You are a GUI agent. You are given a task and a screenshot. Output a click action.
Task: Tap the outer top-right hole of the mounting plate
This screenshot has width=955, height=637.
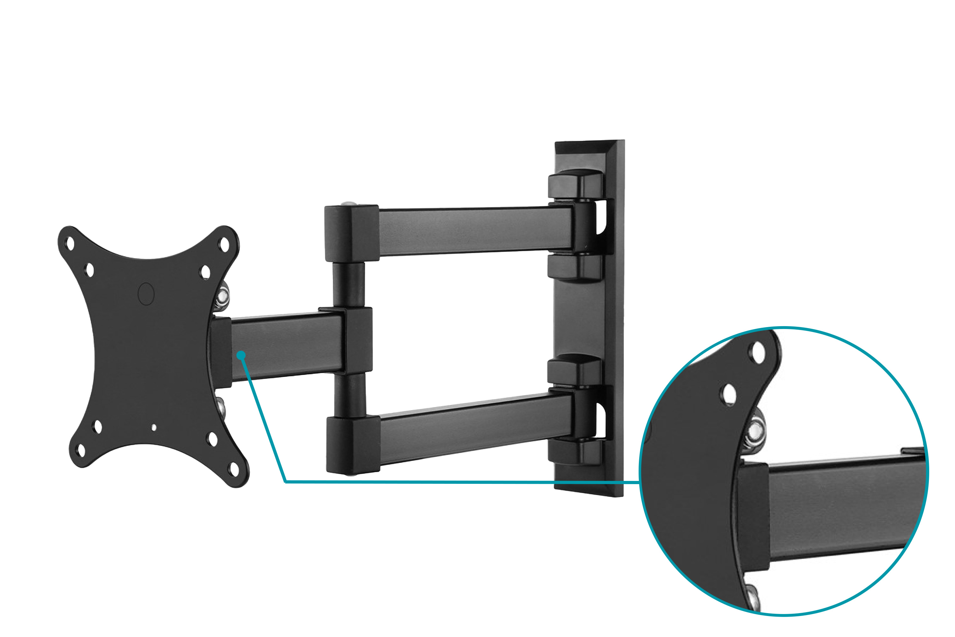pyautogui.click(x=224, y=245)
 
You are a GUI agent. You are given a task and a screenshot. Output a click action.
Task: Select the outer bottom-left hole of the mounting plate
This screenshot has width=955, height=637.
pyautogui.click(x=81, y=450)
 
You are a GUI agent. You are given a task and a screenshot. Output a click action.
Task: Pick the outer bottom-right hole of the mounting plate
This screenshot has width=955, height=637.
pyautogui.click(x=234, y=469)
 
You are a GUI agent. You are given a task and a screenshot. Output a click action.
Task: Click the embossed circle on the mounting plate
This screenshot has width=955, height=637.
pyautogui.click(x=146, y=294)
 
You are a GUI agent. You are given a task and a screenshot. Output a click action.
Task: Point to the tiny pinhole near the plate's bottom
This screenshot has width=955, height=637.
pyautogui.click(x=154, y=427)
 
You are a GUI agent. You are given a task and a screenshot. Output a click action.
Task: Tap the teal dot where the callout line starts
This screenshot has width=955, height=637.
pyautogui.click(x=241, y=355)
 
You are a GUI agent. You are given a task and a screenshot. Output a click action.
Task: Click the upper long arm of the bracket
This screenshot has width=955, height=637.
pyautogui.click(x=475, y=231)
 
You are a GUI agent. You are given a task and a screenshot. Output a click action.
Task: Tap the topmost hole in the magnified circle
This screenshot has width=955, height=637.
pyautogui.click(x=758, y=353)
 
